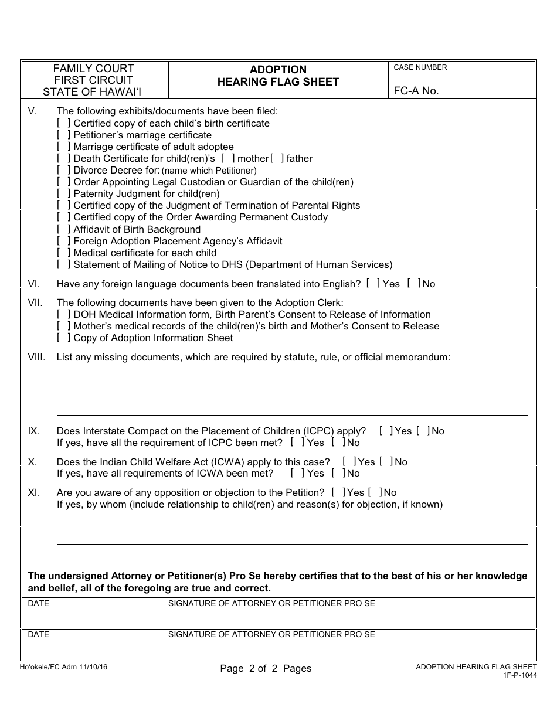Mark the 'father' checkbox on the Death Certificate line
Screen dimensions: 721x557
click(277, 159)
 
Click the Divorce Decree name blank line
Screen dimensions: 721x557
click(394, 171)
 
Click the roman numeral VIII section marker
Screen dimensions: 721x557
click(36, 357)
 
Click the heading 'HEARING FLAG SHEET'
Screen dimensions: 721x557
click(278, 82)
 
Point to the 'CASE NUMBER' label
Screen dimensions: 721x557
click(420, 67)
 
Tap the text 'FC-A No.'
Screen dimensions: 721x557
click(416, 91)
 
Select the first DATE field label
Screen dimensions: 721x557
click(39, 603)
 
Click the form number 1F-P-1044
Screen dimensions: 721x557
click(519, 675)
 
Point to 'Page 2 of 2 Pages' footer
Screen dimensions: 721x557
click(266, 668)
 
